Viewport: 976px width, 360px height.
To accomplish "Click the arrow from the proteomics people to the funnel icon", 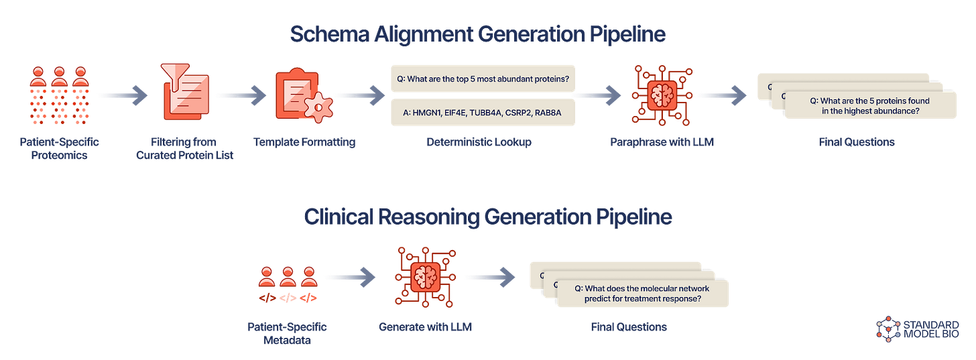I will click(x=122, y=95).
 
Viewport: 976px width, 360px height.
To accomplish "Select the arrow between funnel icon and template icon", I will click(x=242, y=95).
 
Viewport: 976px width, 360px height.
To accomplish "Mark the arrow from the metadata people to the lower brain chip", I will click(x=350, y=276).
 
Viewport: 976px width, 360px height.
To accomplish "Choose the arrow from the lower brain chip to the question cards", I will click(x=489, y=276).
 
